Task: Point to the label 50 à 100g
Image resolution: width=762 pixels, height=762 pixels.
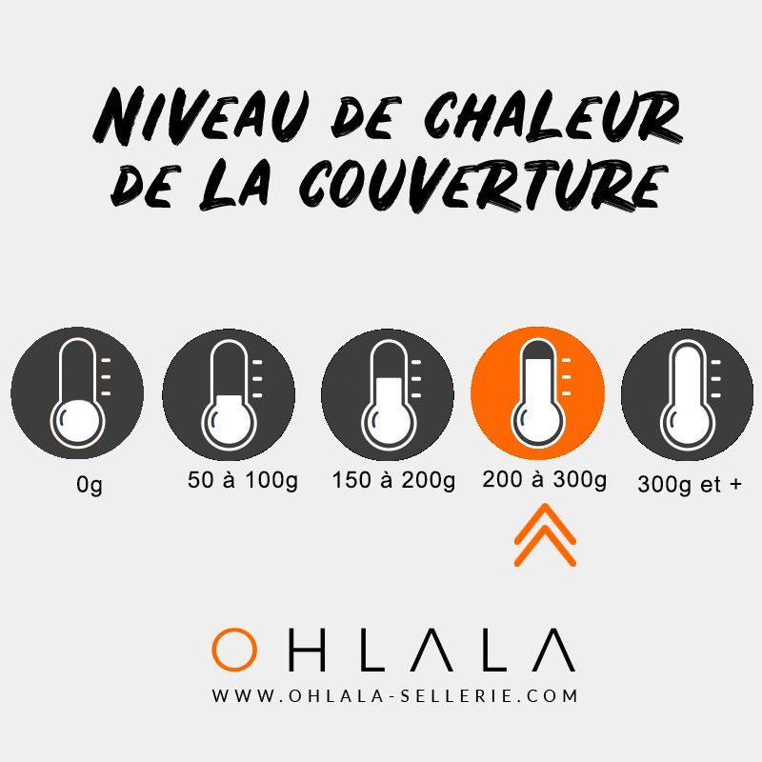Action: (x=243, y=481)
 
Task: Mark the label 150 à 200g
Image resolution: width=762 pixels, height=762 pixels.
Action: (x=394, y=481)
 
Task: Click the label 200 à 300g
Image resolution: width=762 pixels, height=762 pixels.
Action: (x=545, y=481)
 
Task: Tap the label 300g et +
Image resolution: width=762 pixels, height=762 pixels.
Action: (x=690, y=484)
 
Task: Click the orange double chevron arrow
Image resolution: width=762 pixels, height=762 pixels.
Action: (x=545, y=536)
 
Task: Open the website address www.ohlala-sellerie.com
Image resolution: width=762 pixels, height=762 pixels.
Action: (x=395, y=696)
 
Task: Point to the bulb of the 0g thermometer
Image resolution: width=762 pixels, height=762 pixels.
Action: (x=77, y=420)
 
